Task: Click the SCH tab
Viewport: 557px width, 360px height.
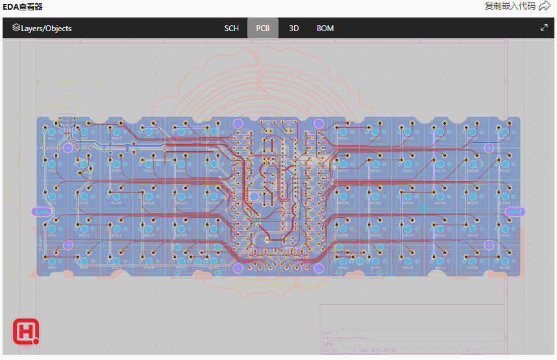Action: coord(231,29)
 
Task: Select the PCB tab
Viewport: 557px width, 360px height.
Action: coord(263,29)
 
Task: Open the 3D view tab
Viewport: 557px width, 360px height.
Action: coord(294,29)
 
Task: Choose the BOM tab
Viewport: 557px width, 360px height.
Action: coord(325,29)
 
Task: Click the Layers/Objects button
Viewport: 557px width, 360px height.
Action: coord(42,29)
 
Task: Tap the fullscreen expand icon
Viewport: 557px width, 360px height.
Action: coord(544,28)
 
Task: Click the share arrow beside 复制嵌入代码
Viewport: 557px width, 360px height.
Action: coord(545,6)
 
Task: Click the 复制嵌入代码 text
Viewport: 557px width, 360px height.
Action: coord(510,6)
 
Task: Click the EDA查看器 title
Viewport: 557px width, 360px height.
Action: coord(23,6)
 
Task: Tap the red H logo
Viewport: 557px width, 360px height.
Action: coord(26,331)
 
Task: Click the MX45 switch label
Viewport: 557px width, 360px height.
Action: coord(441,203)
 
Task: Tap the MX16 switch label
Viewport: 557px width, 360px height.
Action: coord(149,203)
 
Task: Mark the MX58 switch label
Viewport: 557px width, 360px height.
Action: coord(343,138)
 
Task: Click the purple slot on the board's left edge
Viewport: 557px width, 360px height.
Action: coord(43,211)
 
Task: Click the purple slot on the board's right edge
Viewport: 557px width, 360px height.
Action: coord(515,211)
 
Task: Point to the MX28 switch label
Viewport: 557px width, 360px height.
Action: coord(214,203)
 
